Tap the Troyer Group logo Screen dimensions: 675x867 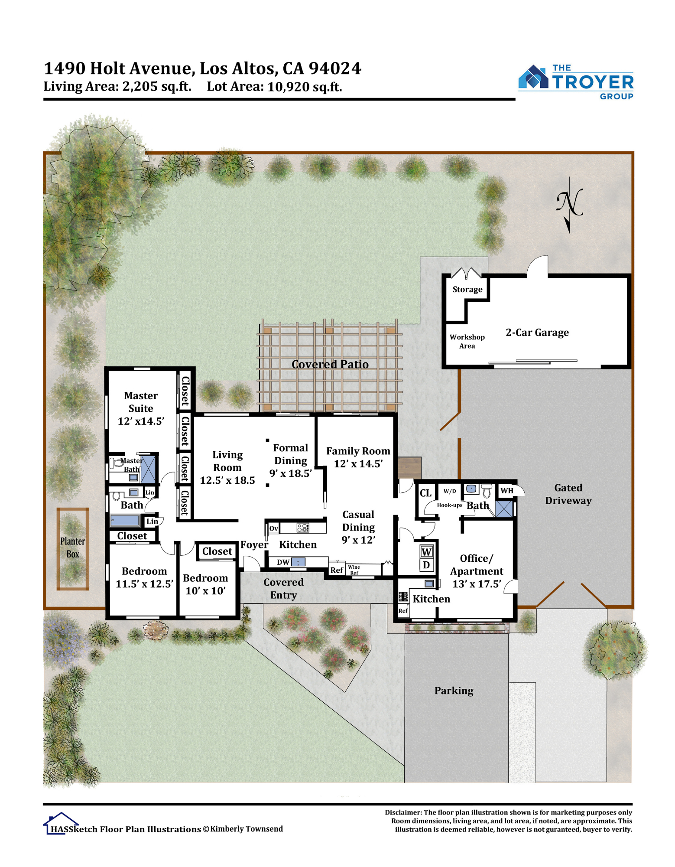point(576,82)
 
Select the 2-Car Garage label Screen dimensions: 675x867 point(537,332)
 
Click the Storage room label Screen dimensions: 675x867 point(467,289)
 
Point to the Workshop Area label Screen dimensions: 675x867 point(467,341)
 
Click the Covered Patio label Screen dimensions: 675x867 point(330,364)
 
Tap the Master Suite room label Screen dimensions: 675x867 point(141,402)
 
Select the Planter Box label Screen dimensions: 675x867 point(73,548)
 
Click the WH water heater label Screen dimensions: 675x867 point(507,491)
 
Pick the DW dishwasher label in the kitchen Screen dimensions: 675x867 point(283,562)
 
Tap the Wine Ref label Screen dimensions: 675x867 point(354,570)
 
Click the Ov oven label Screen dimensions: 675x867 point(274,528)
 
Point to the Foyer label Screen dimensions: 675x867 point(254,544)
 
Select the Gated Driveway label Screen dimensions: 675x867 point(568,494)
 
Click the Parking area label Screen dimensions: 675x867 point(454,691)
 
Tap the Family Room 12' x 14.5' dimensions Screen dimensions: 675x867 point(358,464)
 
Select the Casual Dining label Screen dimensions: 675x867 point(358,521)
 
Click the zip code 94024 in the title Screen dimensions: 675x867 point(335,68)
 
